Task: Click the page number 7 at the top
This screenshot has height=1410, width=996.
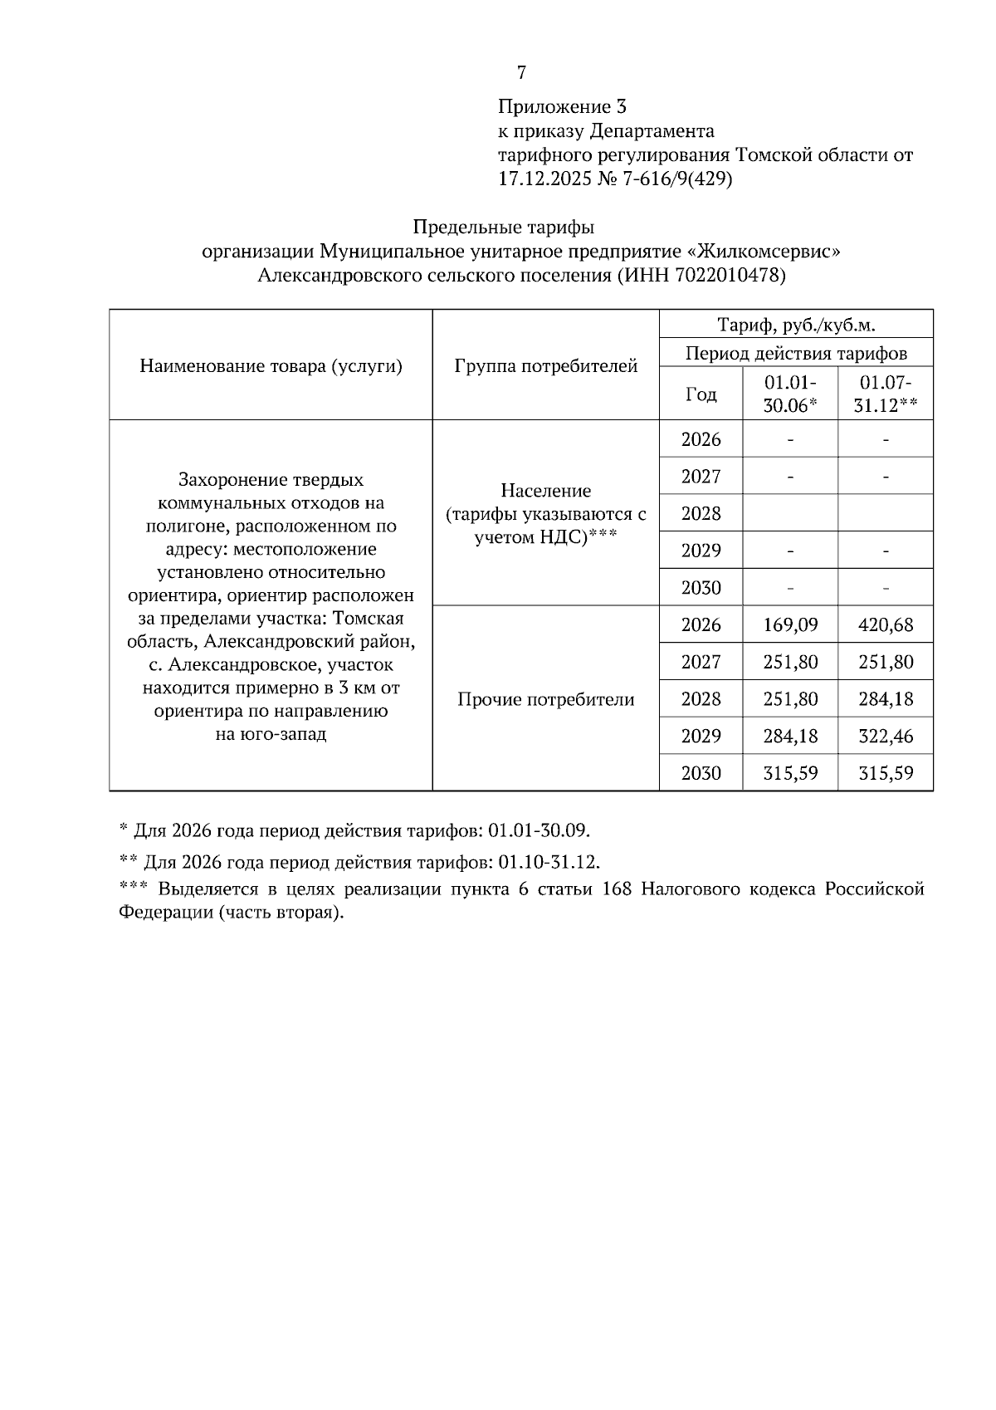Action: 521,73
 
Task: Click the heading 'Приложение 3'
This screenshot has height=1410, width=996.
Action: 562,107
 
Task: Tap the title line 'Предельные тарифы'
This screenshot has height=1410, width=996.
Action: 504,227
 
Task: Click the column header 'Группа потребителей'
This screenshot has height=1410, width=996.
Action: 545,366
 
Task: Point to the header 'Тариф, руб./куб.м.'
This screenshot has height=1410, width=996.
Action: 796,325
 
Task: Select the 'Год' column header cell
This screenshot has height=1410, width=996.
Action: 701,394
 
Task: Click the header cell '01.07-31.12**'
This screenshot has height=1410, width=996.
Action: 886,394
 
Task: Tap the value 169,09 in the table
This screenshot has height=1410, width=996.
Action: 790,625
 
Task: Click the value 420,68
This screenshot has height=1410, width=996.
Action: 886,625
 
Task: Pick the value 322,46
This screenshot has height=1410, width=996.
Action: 886,737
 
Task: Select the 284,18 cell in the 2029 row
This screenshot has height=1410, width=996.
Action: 790,737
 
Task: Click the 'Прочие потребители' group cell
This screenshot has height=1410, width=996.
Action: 545,699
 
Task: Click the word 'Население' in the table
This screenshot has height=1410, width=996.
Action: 545,491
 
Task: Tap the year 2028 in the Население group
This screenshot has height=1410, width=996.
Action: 701,514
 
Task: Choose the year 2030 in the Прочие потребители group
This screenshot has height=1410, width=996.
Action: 701,774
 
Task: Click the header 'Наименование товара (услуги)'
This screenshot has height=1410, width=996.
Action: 271,366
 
